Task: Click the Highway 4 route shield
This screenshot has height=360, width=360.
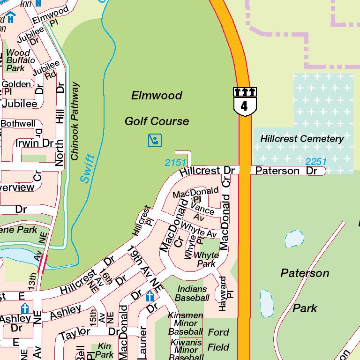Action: (x=244, y=101)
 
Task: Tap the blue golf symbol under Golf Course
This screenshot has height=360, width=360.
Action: (x=155, y=140)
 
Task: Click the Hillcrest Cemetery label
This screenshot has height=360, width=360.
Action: (x=302, y=139)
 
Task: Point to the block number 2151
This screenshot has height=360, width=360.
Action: (x=176, y=163)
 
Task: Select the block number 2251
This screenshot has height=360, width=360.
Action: (x=316, y=162)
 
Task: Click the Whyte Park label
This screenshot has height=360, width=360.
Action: (x=206, y=259)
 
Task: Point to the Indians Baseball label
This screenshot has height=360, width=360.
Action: (x=192, y=293)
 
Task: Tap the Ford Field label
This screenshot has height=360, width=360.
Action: (x=218, y=340)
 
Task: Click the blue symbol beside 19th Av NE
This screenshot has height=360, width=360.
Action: (x=150, y=296)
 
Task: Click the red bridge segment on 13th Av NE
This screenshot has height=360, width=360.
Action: (x=43, y=263)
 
